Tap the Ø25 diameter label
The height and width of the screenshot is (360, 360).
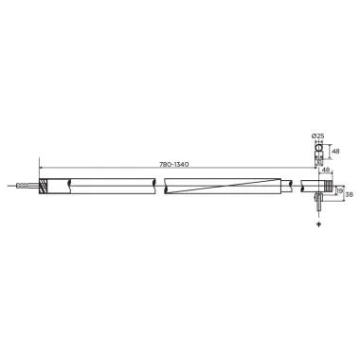click(x=318, y=137)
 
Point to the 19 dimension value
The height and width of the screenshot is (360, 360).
click(x=339, y=189)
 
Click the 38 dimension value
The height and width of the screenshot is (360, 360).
click(x=349, y=193)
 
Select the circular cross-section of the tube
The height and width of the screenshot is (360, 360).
click(x=319, y=148)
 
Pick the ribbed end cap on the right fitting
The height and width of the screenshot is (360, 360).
click(x=327, y=186)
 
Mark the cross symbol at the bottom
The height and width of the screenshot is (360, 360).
click(x=320, y=225)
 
